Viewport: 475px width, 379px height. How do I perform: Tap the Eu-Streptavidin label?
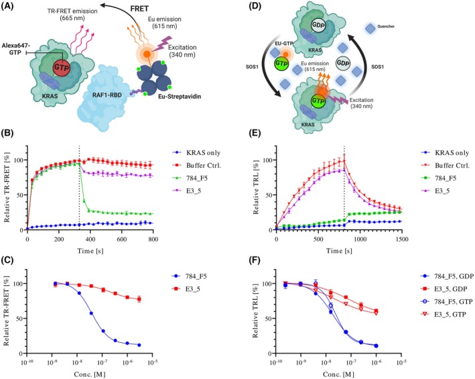(180, 97)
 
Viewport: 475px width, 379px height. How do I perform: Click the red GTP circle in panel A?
(62, 68)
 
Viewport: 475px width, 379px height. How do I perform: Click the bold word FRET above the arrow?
(139, 9)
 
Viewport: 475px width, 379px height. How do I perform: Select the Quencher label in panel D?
(386, 27)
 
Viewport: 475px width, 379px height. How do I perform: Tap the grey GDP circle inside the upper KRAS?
(318, 25)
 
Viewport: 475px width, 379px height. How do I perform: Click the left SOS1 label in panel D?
(252, 66)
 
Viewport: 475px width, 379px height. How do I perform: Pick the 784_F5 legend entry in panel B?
(197, 178)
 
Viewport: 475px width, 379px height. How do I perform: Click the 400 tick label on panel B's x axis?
(90, 239)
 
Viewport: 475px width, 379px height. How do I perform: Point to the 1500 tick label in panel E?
(402, 239)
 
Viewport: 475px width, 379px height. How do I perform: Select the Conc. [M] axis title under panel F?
(339, 374)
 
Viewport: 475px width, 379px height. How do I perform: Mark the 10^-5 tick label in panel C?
(152, 362)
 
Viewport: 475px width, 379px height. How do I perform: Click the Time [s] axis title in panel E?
(339, 251)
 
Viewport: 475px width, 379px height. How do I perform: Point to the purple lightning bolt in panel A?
(163, 44)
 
